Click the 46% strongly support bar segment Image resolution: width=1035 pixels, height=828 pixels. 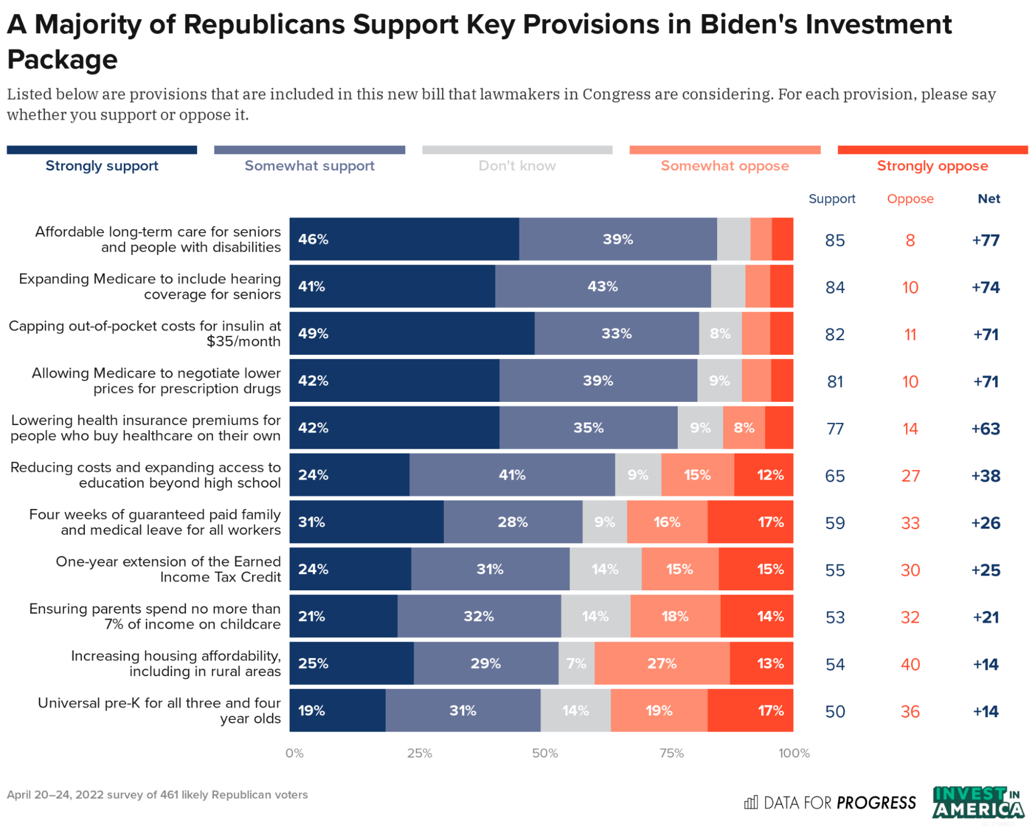[x=404, y=239]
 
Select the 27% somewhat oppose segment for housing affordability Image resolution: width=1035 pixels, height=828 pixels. [x=662, y=663]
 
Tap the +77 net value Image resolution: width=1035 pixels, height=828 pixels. [x=985, y=240]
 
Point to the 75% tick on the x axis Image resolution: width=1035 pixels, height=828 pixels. [x=671, y=753]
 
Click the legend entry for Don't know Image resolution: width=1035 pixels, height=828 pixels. [x=517, y=166]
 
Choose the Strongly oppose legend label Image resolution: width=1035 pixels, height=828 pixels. [x=932, y=166]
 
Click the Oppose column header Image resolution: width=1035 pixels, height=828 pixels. [x=910, y=199]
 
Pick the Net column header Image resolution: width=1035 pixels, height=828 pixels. [x=988, y=199]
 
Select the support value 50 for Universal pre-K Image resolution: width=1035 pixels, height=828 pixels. [x=835, y=711]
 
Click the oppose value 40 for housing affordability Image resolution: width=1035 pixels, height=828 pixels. [x=910, y=664]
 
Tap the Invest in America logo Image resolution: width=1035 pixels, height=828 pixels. [x=978, y=803]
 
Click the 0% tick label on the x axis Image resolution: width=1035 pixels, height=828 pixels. [x=294, y=753]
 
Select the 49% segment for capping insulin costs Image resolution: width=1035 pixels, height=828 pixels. [x=412, y=333]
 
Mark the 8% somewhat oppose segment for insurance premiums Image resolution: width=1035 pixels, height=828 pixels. [x=744, y=427]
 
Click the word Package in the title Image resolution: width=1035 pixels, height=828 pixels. [x=62, y=60]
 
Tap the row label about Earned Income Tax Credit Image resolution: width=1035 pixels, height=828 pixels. [x=168, y=569]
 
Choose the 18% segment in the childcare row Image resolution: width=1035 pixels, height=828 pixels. [x=675, y=616]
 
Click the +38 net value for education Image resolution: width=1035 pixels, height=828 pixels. [x=985, y=475]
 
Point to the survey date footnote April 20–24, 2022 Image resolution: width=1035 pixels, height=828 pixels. [x=157, y=794]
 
